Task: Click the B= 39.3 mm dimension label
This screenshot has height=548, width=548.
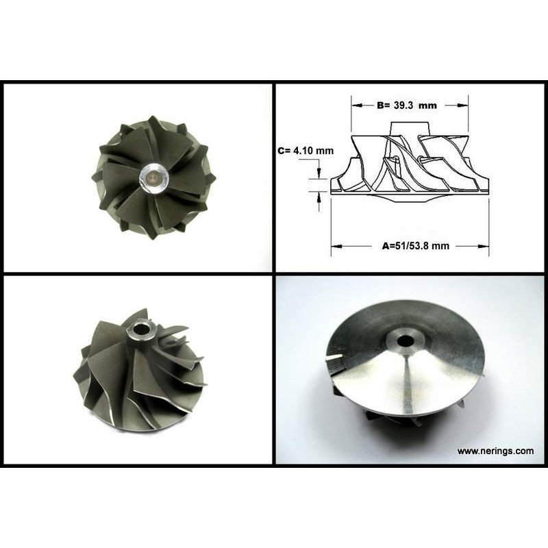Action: point(407,105)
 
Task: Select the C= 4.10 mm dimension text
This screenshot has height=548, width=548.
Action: point(306,151)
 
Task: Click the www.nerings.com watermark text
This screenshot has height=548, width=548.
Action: point(495,451)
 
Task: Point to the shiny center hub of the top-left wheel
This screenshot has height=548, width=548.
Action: point(153,178)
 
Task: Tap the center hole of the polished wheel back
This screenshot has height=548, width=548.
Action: point(406,340)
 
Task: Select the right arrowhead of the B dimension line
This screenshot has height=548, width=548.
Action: point(463,105)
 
